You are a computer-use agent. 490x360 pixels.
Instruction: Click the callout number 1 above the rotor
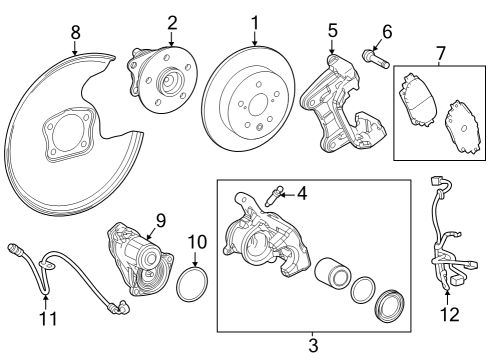(x=255, y=21)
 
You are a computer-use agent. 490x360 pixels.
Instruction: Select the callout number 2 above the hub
(x=171, y=21)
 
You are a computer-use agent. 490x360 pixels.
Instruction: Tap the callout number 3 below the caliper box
(x=312, y=345)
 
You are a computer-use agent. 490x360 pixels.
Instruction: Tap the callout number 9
(x=159, y=218)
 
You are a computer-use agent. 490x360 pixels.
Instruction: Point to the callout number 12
(x=450, y=315)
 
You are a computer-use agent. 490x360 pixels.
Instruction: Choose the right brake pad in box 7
(x=461, y=119)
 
